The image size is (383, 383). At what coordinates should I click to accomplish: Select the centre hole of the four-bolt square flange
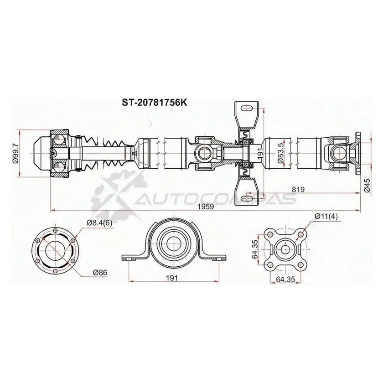pos(285,249)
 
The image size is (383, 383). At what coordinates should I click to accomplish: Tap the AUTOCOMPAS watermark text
pos(214,198)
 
